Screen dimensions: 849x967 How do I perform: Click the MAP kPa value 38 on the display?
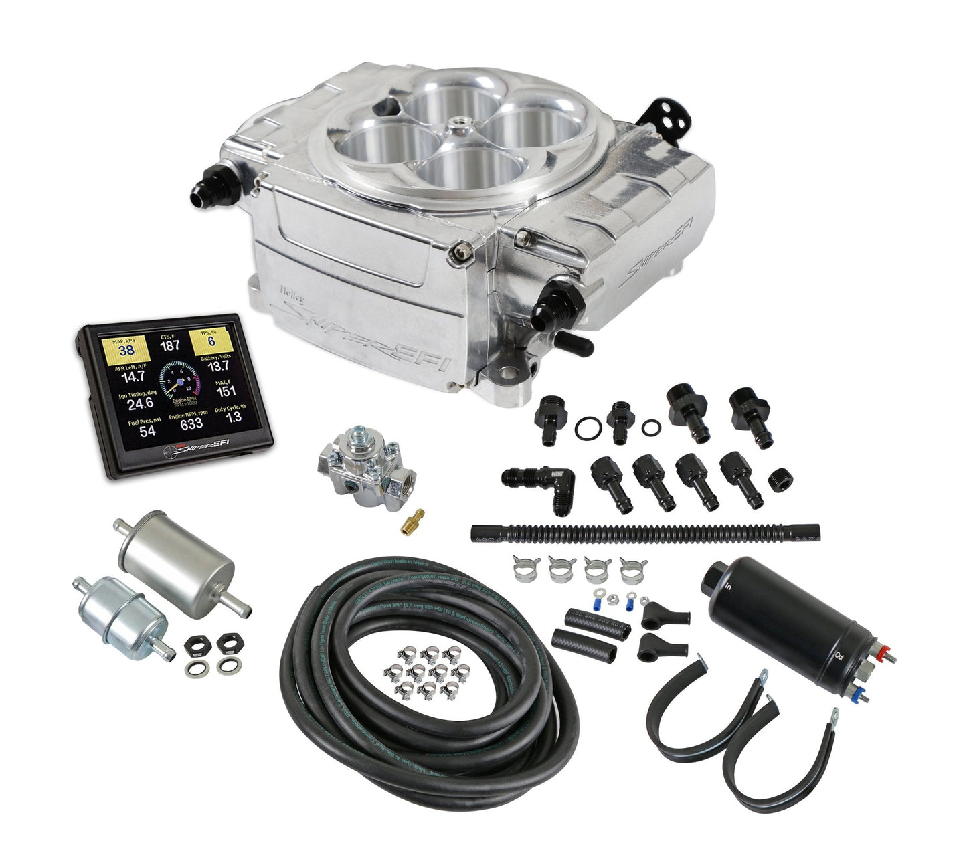click(126, 349)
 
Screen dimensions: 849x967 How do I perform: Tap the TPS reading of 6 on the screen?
click(210, 341)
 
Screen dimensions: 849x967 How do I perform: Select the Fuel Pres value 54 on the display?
click(147, 431)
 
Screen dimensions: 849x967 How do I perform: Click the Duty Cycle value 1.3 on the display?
click(234, 417)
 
